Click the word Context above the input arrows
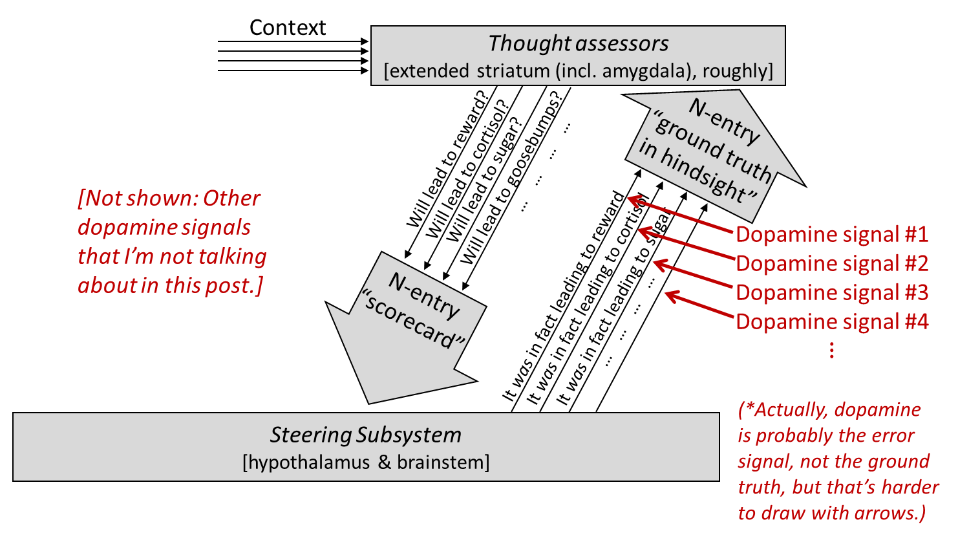click(x=288, y=28)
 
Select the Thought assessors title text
click(x=578, y=43)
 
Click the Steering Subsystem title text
click(x=366, y=435)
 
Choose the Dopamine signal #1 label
click(x=832, y=234)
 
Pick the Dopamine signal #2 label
click(x=832, y=263)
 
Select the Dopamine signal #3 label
click(x=832, y=292)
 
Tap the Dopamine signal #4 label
click(x=832, y=321)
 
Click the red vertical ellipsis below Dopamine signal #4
click(x=832, y=350)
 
